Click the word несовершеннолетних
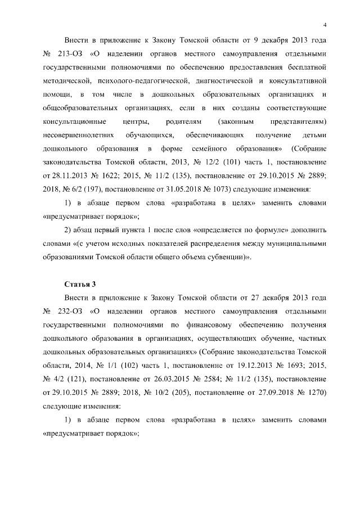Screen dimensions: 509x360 pos(79,136)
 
